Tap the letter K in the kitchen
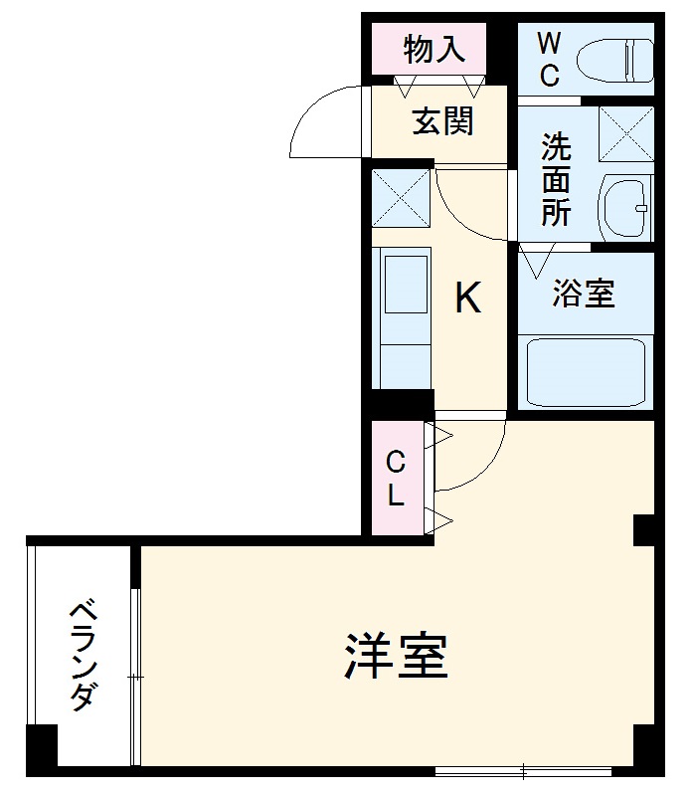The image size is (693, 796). [467, 297]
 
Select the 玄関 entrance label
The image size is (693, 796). [442, 121]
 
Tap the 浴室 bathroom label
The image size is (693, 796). [585, 294]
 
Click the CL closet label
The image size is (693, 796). [396, 479]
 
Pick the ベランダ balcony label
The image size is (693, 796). [82, 655]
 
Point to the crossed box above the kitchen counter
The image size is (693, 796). [401, 198]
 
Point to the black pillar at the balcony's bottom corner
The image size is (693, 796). [43, 749]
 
